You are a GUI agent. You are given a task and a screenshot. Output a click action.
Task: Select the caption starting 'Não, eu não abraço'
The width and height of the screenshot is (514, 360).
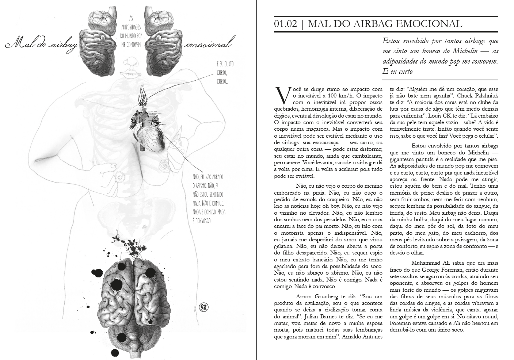(x=208, y=199)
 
